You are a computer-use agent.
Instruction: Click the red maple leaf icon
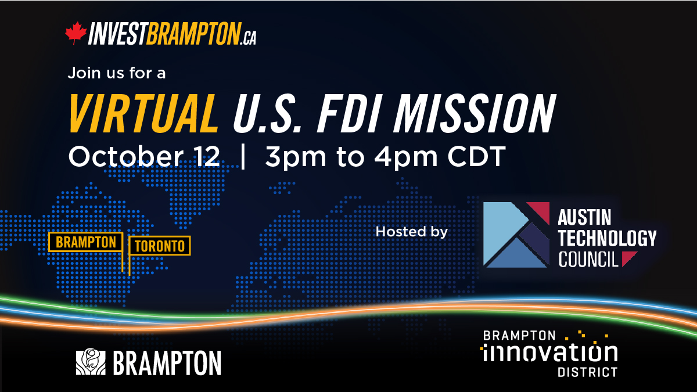(x=76, y=33)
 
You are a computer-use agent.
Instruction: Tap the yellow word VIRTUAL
(x=143, y=114)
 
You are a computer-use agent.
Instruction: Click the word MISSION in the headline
(x=475, y=114)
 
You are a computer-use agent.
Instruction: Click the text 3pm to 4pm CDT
(x=385, y=157)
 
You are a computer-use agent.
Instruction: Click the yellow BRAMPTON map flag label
(x=85, y=242)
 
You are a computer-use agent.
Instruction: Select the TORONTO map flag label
(x=160, y=246)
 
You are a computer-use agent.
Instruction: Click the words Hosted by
(x=412, y=232)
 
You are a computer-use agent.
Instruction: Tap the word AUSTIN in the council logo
(x=584, y=217)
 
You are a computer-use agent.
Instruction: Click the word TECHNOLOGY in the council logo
(x=607, y=238)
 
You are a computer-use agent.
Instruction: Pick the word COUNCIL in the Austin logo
(x=588, y=259)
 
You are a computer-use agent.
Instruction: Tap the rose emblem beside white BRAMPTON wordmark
(x=91, y=361)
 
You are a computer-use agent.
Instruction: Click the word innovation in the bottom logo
(x=549, y=353)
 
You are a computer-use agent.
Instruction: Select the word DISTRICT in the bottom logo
(x=587, y=372)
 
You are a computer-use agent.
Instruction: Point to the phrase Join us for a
(x=117, y=73)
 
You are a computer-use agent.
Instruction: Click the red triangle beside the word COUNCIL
(x=628, y=258)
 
